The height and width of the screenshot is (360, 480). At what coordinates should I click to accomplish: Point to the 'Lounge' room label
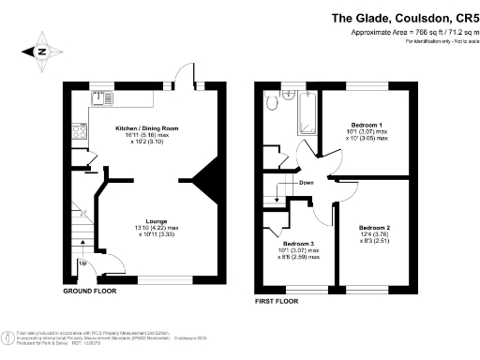[x=157, y=221]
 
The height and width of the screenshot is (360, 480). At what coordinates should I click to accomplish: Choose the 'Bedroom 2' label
[x=373, y=228]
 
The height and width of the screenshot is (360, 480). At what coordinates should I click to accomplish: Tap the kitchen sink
[x=102, y=97]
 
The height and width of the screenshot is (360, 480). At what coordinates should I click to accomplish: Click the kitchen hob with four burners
[x=81, y=134]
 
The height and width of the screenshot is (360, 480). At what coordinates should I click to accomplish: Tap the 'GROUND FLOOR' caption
[x=89, y=292]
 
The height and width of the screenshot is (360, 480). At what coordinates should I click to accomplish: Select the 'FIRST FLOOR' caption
[x=277, y=302]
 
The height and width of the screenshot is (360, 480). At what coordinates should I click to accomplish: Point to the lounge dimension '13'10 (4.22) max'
[x=157, y=228]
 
